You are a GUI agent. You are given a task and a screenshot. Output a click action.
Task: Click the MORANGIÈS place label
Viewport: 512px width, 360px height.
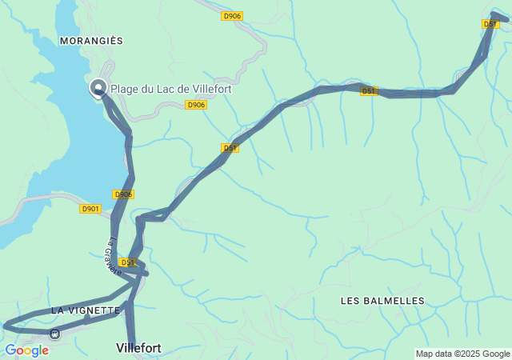click(x=91, y=40)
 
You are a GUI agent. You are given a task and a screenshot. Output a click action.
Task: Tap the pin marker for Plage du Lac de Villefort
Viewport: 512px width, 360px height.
click(x=99, y=88)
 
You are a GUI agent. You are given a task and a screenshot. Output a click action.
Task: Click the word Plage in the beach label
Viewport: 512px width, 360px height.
click(x=125, y=90)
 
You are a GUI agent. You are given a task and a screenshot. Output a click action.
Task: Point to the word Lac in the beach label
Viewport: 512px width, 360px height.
click(x=165, y=90)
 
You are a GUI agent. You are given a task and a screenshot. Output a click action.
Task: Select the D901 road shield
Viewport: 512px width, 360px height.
click(x=90, y=209)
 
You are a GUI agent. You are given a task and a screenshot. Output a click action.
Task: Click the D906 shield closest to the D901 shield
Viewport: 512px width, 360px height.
click(x=122, y=194)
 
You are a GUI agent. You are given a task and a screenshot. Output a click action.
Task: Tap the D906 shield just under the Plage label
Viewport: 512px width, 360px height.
click(x=196, y=105)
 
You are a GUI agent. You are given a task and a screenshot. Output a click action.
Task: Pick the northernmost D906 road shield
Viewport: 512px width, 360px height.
click(x=232, y=15)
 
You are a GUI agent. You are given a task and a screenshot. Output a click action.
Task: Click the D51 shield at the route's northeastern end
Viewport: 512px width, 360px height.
click(x=490, y=24)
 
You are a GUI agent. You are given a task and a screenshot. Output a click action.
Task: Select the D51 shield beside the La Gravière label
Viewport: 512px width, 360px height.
click(x=128, y=262)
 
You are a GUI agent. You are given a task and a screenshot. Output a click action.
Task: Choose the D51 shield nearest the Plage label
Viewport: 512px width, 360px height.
click(x=230, y=148)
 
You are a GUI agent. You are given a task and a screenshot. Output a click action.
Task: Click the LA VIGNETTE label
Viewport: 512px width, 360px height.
click(x=85, y=310)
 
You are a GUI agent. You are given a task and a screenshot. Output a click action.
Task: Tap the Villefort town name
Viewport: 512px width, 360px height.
click(x=138, y=348)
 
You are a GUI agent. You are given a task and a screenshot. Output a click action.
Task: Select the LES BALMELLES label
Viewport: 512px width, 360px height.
click(x=382, y=301)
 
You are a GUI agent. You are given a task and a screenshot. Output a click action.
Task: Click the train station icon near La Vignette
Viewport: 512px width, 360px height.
click(x=54, y=334)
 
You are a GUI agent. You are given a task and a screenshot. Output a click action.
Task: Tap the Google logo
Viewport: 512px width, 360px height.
click(x=26, y=350)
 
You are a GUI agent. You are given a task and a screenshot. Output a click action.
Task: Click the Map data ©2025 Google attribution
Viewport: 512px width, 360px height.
click(x=462, y=354)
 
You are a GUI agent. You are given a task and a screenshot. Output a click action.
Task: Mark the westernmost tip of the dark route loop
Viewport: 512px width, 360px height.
click(x=5, y=325)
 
